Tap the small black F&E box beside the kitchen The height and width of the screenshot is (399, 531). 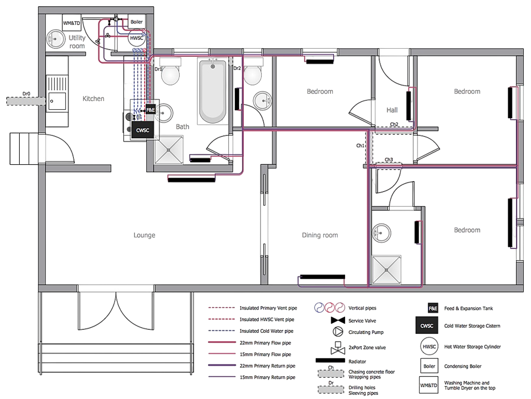pyautogui.click(x=151, y=110)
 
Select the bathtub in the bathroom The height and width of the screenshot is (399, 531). pyautogui.click(x=213, y=91)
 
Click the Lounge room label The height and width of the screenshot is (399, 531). pyautogui.click(x=144, y=235)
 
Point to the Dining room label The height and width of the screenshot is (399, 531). pyautogui.click(x=320, y=235)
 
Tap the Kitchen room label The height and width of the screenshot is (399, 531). pyautogui.click(x=94, y=99)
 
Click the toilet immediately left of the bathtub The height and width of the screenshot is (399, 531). pyautogui.click(x=170, y=73)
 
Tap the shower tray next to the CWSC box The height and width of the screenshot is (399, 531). pyautogui.click(x=170, y=149)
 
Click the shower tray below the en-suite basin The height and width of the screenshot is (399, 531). pyautogui.click(x=387, y=269)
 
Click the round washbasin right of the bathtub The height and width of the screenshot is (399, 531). pyautogui.click(x=262, y=99)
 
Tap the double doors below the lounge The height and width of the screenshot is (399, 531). pyautogui.click(x=116, y=309)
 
